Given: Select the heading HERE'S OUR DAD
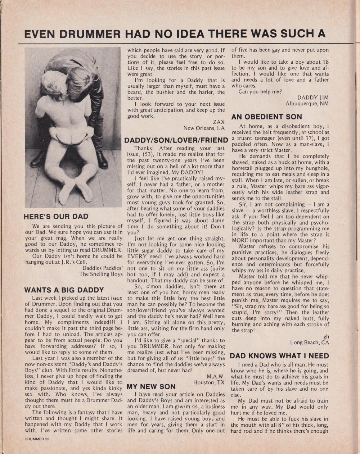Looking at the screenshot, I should coord(56,217).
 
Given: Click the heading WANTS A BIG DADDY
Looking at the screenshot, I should coord(64,290).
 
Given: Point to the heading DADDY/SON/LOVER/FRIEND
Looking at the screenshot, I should coord(176,140).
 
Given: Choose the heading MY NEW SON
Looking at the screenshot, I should coord(151,387).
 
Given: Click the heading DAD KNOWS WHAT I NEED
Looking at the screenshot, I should coord(279,356).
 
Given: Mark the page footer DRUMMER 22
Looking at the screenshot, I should coord(37,439).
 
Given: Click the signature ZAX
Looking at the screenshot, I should coord(219,122).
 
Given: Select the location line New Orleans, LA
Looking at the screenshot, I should coord(204,128).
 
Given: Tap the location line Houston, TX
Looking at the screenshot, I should coord(209,382).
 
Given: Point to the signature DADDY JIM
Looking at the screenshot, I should coord(313,97).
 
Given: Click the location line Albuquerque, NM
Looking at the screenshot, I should coord(307,104).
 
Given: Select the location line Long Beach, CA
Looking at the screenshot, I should coord(309,342).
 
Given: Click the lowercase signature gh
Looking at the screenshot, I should coord(326,336).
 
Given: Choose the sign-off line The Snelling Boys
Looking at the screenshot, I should coord(101,274).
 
